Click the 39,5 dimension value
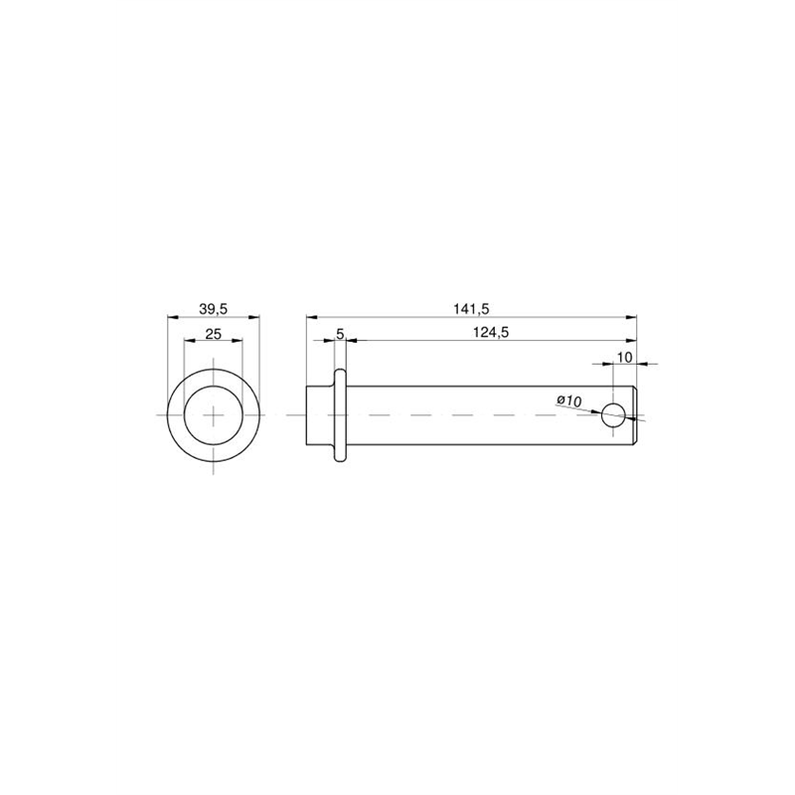pos(214,308)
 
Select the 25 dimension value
pos(214,333)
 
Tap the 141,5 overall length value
pos(471,308)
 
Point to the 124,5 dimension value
pos(491,332)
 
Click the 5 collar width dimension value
pos(340,333)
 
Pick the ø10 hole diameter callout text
pos(568,400)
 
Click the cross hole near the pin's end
pos(613,415)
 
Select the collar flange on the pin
pos(340,415)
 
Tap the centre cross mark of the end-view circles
pos(214,415)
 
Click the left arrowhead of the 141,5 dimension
pos(311,317)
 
